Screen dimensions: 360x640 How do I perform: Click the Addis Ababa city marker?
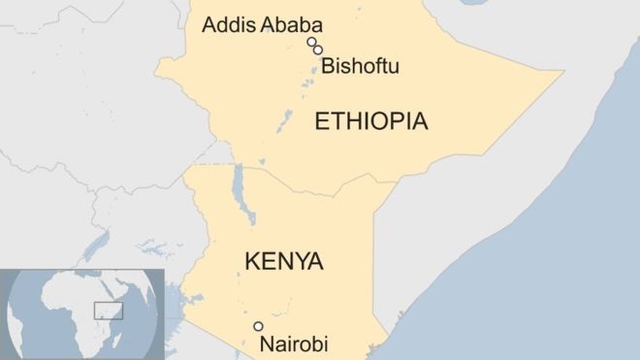(311, 42)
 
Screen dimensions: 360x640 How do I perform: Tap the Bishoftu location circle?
(318, 49)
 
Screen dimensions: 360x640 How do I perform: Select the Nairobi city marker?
(258, 326)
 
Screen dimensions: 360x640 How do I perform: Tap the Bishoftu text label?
(361, 67)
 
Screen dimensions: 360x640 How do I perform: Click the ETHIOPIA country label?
(371, 121)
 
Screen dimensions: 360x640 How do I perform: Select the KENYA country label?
(284, 261)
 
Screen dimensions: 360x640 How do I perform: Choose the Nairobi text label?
(294, 344)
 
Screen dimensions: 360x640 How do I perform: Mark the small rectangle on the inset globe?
(106, 310)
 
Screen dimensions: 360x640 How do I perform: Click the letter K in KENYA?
(252, 261)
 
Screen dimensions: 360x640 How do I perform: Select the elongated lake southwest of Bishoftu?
(285, 122)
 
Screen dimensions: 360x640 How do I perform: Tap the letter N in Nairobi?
(266, 344)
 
